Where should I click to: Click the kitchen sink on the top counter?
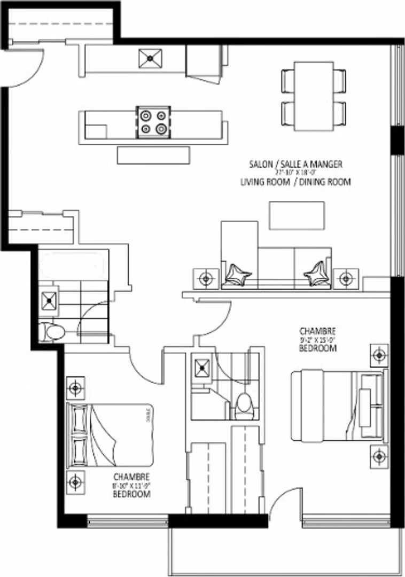(151, 58)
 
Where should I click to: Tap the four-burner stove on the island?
(153, 122)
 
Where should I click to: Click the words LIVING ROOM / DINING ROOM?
(295, 182)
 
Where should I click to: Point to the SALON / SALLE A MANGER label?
(295, 164)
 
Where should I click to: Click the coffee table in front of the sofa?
(297, 215)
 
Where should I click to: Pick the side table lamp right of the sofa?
(346, 278)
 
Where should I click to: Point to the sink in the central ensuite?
(203, 367)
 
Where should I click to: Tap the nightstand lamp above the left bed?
(75, 387)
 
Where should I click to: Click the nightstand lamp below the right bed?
(379, 457)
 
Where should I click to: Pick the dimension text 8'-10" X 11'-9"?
(131, 486)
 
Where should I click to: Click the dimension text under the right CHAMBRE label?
(317, 339)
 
